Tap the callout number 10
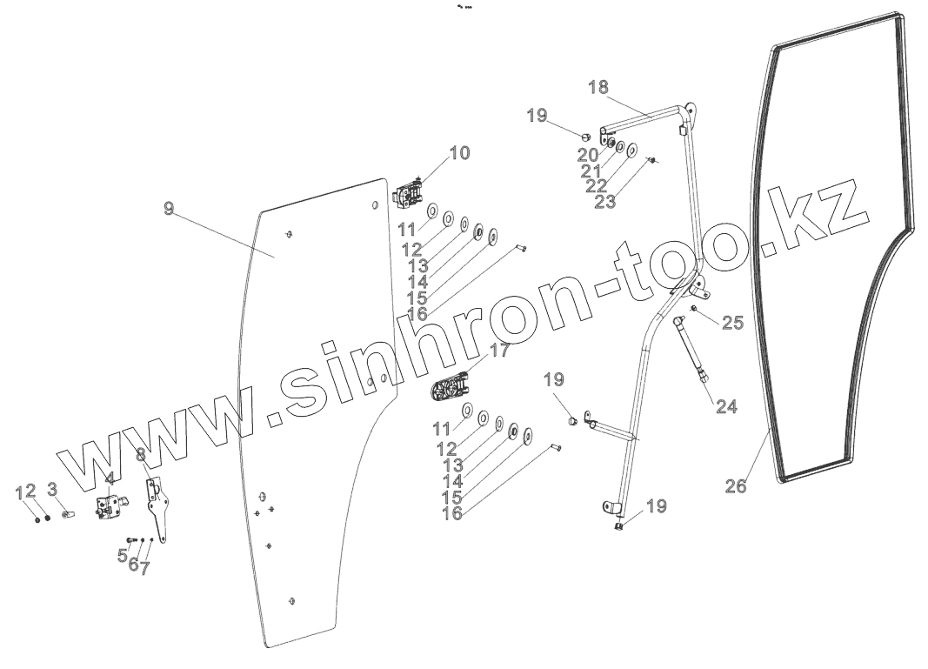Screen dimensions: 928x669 (x=459, y=153)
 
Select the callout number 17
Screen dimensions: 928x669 (x=499, y=351)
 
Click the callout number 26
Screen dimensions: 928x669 (x=736, y=485)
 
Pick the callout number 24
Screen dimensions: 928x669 (x=726, y=405)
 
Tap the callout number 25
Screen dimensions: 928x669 (x=733, y=323)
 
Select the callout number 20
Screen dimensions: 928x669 (x=588, y=154)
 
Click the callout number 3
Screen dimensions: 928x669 (x=52, y=489)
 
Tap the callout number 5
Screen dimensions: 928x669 (x=123, y=554)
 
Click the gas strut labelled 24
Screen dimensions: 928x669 (x=694, y=352)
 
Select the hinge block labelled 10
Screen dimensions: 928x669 (x=410, y=194)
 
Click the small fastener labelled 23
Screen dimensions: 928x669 (x=653, y=160)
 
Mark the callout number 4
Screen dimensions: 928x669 (x=110, y=478)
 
